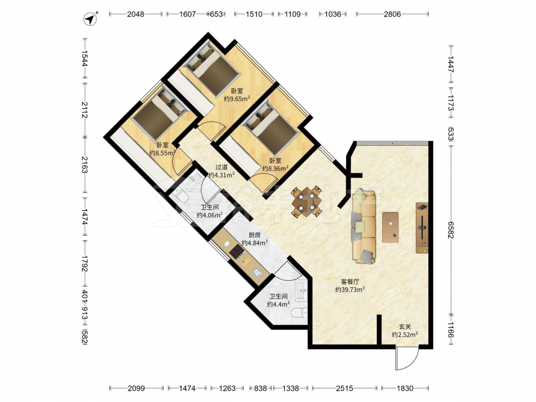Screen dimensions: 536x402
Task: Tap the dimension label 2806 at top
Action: [392, 14]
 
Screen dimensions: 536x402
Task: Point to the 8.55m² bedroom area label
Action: [163, 153]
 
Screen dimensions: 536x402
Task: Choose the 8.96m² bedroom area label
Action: [275, 168]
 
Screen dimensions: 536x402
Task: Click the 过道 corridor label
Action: [221, 167]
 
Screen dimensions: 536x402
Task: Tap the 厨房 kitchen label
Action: [254, 235]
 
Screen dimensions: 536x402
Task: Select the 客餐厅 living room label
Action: [350, 282]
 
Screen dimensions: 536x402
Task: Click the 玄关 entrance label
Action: [405, 327]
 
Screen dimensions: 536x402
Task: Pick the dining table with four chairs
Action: [306, 202]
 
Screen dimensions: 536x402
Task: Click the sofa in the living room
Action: [363, 226]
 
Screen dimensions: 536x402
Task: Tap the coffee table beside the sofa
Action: [390, 227]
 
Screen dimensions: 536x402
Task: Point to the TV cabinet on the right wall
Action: [422, 228]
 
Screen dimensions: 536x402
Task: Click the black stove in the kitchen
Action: [236, 252]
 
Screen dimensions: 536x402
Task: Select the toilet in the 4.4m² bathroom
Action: [300, 313]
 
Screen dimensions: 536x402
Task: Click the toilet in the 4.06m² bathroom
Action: [179, 196]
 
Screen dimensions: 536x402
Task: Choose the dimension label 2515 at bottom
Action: [344, 388]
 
